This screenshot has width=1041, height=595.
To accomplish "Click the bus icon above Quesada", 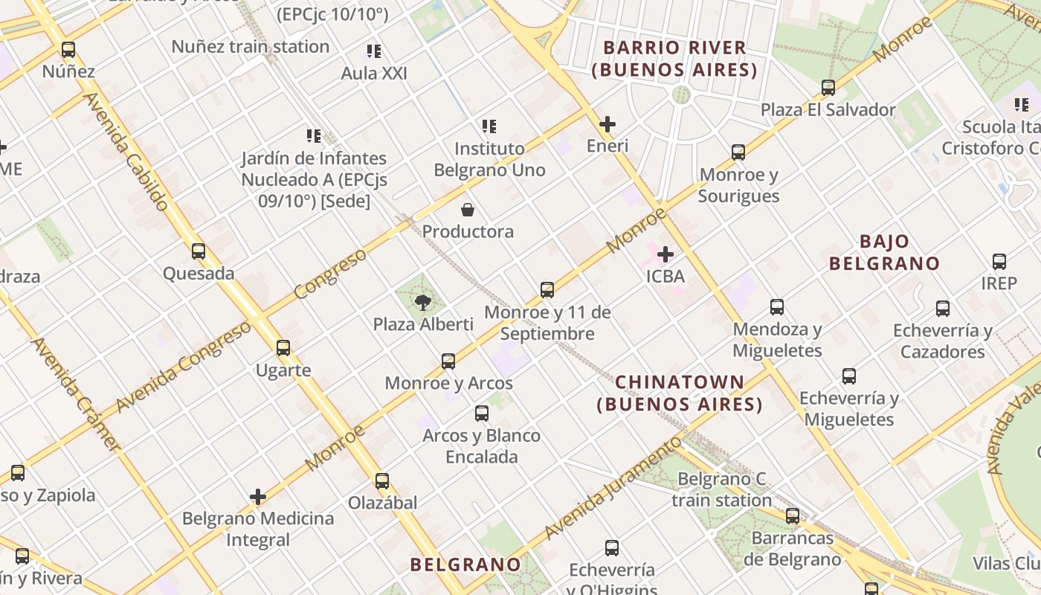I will tap(199, 251).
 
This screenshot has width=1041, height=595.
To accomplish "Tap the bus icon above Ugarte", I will tap(283, 347).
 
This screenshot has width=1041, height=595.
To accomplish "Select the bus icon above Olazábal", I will tap(382, 481).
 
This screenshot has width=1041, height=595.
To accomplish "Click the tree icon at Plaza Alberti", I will tap(423, 302).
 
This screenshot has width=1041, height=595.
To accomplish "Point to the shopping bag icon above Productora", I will tap(468, 210).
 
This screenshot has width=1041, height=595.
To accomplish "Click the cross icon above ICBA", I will tap(665, 255).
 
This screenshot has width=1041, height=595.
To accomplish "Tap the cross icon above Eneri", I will tap(607, 124).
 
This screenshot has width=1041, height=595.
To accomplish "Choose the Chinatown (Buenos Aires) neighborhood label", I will tap(680, 393).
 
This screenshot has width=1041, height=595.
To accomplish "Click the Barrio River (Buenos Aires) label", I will tap(674, 59).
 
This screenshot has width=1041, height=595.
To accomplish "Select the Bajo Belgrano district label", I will tap(884, 252).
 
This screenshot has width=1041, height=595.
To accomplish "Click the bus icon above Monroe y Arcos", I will tap(448, 361).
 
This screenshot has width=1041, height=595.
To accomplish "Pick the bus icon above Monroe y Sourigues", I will tap(738, 152).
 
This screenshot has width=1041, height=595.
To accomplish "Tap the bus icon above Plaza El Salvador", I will tap(828, 88).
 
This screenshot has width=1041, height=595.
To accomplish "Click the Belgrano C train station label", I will tap(721, 489).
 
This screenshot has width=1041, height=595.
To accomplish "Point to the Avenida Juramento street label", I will tap(613, 486).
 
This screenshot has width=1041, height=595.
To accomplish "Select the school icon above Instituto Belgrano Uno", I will tap(489, 126).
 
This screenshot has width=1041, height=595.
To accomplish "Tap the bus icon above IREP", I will tap(999, 262).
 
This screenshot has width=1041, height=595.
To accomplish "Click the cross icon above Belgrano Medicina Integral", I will tap(258, 497).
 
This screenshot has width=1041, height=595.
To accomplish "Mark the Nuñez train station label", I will tap(250, 47).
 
